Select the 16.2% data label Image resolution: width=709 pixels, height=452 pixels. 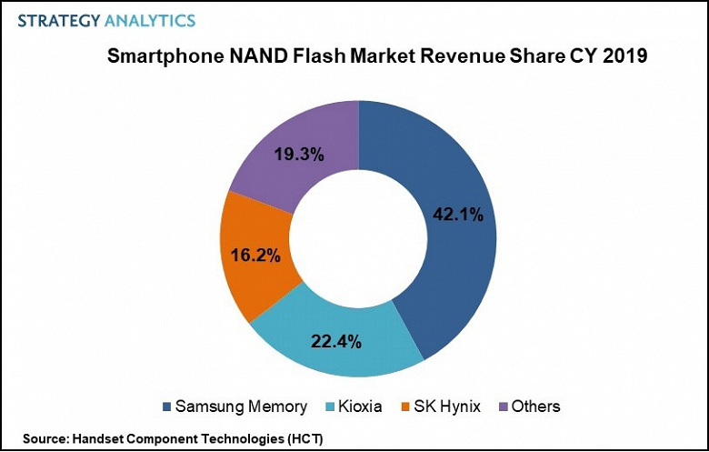click(x=255, y=256)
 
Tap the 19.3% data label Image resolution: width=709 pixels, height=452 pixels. click(x=298, y=154)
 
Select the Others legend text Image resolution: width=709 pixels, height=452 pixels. click(x=536, y=407)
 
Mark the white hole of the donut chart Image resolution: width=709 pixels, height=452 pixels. click(x=359, y=239)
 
